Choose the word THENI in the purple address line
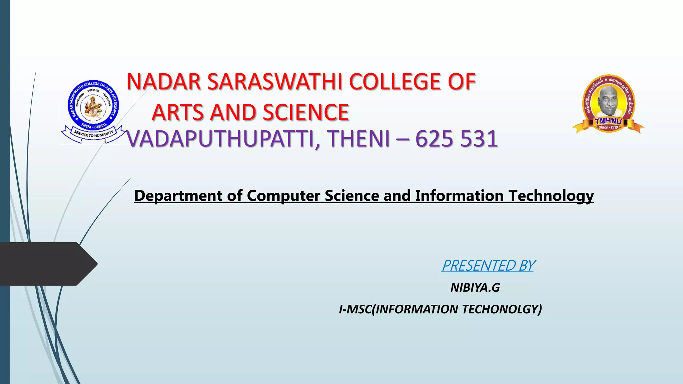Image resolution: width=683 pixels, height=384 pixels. pyautogui.click(x=358, y=139)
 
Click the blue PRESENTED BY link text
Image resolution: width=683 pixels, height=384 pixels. pyautogui.click(x=488, y=266)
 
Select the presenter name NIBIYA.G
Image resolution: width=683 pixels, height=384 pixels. pyautogui.click(x=475, y=288)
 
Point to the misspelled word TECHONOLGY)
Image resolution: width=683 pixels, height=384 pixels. pyautogui.click(x=502, y=309)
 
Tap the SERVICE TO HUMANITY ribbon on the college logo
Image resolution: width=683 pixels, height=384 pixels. pyautogui.click(x=93, y=134)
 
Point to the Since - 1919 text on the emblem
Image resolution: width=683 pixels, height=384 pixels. pyautogui.click(x=608, y=127)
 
